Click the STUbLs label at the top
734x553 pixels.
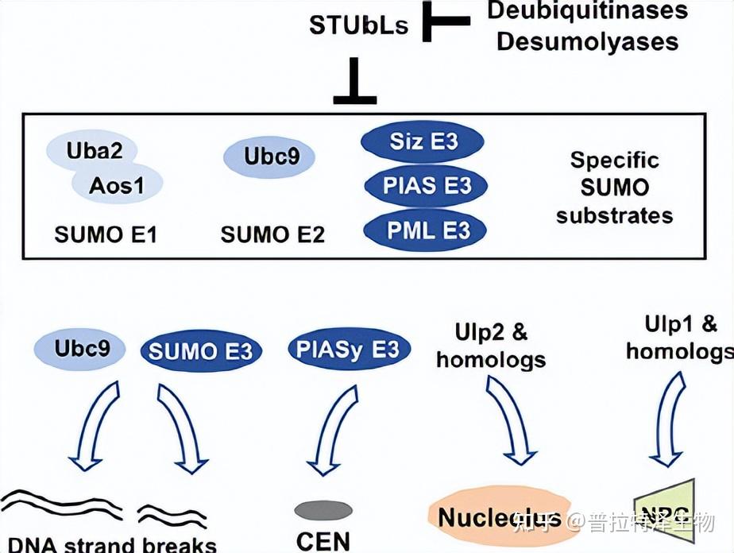tap(358, 25)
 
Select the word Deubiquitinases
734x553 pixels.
tap(587, 11)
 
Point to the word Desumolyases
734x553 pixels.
tap(587, 41)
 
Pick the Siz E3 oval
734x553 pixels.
tap(423, 141)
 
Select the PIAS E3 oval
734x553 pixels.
tap(425, 186)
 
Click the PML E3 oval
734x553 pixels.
tap(425, 230)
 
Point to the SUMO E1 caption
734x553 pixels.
tap(106, 234)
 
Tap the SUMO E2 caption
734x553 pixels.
tap(272, 234)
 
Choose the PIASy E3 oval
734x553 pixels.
tap(349, 349)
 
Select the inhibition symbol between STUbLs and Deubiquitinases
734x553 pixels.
tap(445, 24)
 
